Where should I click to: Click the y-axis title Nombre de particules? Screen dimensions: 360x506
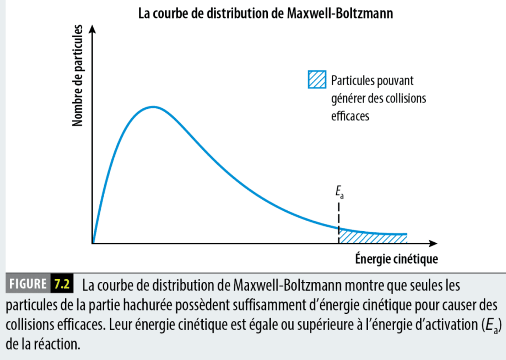click(78, 76)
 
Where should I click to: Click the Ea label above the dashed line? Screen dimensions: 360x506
click(339, 194)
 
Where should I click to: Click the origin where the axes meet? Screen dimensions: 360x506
click(93, 243)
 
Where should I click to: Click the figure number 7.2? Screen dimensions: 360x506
click(61, 284)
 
